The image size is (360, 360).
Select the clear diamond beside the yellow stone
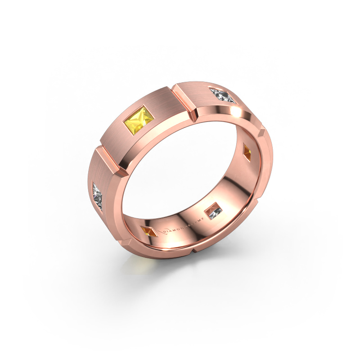tap(222, 95)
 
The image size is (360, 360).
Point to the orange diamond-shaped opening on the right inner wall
tap(247, 150)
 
